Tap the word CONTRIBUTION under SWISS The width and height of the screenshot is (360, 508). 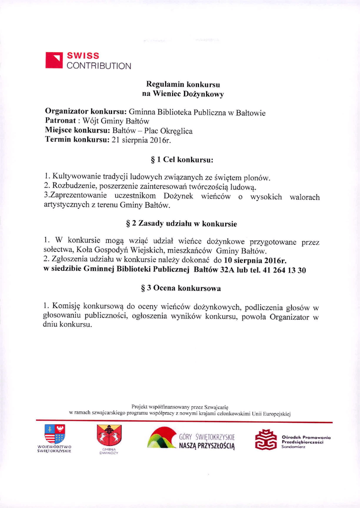[x=99, y=65]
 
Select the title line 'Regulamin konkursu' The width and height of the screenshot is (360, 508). [x=183, y=84]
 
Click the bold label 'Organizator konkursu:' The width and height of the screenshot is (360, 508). [x=86, y=112]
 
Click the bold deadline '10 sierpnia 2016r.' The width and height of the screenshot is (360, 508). [x=255, y=260]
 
